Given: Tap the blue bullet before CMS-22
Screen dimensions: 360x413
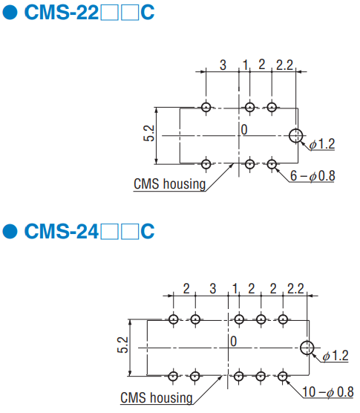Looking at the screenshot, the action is click(x=10, y=13).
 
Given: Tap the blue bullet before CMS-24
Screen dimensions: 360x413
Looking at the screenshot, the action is click(x=10, y=231).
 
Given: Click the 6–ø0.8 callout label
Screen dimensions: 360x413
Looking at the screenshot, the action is click(x=312, y=176).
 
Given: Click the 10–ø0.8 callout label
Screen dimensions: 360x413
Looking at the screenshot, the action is click(x=328, y=391).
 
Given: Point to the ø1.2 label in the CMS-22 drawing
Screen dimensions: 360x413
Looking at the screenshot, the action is click(x=322, y=144).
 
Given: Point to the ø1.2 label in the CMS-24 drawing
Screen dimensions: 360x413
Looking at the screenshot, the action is click(x=336, y=356).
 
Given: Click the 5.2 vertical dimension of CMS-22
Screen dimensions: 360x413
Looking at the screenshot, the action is click(x=149, y=133).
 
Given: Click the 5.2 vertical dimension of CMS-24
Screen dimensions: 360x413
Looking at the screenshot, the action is click(x=122, y=345).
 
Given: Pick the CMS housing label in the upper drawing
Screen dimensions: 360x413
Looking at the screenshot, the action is click(x=169, y=184).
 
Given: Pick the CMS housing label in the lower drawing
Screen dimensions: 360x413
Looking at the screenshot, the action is click(x=157, y=397).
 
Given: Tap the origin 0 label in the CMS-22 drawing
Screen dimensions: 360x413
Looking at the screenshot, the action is click(x=244, y=129).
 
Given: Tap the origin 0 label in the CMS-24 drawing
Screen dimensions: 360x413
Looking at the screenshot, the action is click(x=233, y=342).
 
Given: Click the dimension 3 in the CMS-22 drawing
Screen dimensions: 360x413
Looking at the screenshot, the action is click(x=223, y=65).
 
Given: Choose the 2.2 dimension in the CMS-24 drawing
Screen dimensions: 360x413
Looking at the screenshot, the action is click(x=295, y=289).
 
